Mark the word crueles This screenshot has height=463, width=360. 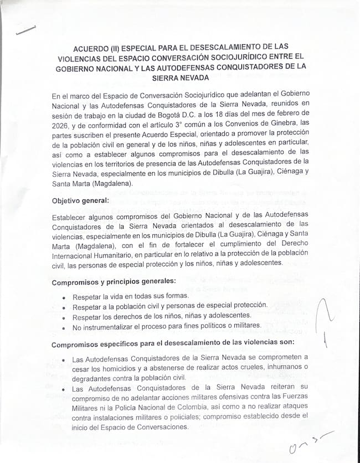coord(255,368)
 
